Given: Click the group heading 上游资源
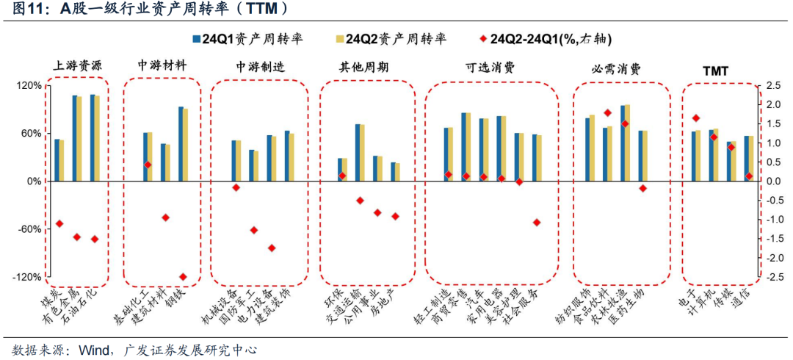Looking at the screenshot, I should point(79,65).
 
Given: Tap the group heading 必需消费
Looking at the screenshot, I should point(616,69).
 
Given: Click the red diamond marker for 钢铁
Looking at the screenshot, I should point(183,277).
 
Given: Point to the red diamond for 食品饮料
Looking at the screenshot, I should point(607,113).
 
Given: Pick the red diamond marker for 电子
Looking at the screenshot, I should point(696,118).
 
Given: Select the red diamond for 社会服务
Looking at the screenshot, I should point(537,222).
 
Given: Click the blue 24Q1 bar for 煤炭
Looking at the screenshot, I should point(57,160).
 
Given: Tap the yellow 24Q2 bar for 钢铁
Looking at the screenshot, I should point(186,145).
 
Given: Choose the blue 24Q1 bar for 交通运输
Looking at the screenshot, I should point(358,153).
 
